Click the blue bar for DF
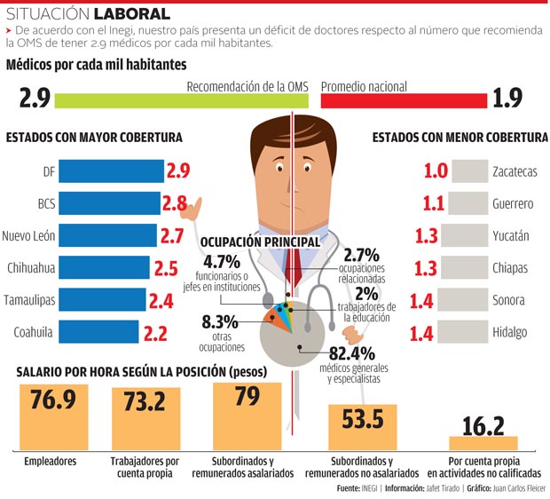point(112,171)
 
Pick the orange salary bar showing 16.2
point(483,442)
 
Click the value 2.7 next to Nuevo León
point(171,236)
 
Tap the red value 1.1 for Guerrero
point(434,204)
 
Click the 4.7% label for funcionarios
point(222,262)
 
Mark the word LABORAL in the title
point(134,14)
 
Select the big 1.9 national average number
point(507,98)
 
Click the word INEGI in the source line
point(373,488)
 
